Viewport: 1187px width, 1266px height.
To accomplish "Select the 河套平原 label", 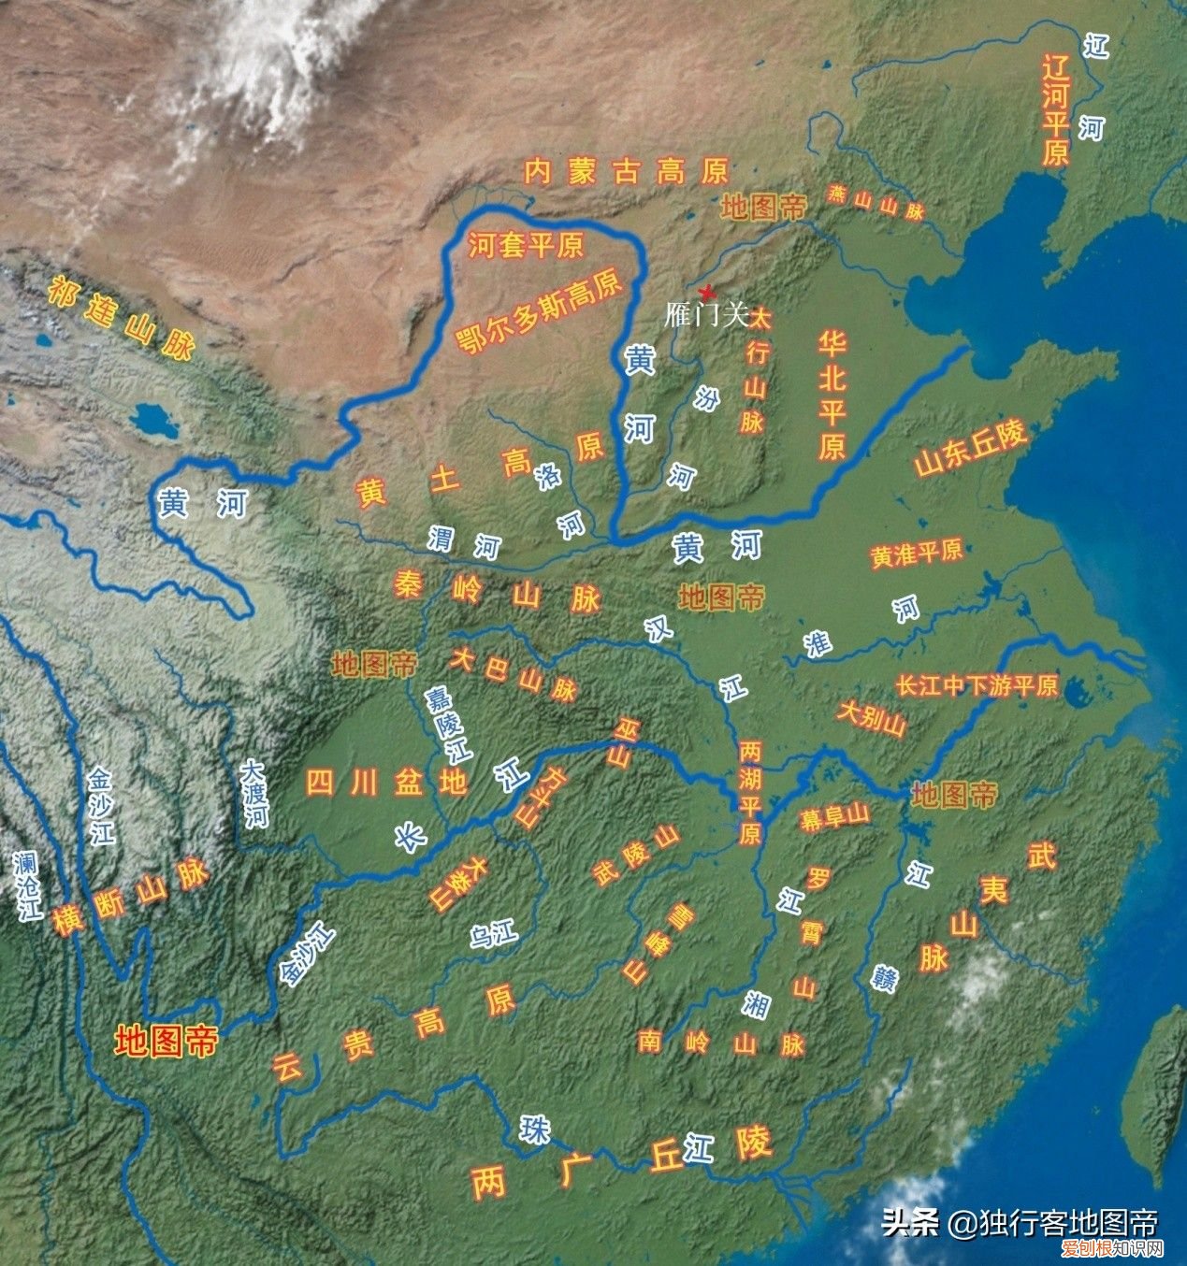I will click(x=526, y=245).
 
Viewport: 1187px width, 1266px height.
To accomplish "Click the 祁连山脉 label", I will click(x=122, y=319).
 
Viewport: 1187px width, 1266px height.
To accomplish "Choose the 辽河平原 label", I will click(x=1055, y=110).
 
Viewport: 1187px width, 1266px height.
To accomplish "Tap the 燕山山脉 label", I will click(x=876, y=202).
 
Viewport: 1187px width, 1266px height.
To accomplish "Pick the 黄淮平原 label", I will click(x=916, y=553).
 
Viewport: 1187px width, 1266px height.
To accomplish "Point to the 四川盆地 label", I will click(x=386, y=782).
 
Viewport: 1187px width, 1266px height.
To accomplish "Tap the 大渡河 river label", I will click(x=253, y=794).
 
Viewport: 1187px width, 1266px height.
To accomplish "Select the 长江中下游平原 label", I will click(x=977, y=685).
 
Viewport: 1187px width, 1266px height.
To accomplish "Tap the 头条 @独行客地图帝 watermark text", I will click(x=1020, y=1222).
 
